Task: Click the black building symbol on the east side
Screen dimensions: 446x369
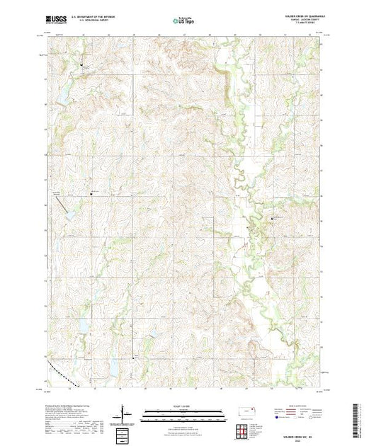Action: click(273, 218)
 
